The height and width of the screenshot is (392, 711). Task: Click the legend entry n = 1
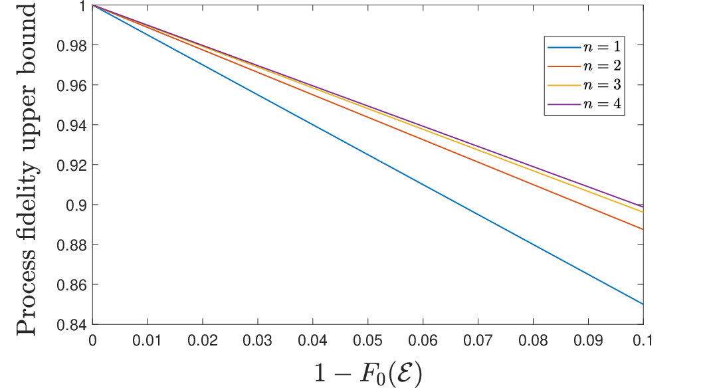click(584, 47)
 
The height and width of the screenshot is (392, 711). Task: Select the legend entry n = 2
click(584, 66)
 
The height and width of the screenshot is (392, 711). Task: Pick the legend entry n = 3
click(584, 85)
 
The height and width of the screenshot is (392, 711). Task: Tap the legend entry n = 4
click(584, 104)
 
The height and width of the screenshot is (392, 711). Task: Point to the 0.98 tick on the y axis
click(71, 45)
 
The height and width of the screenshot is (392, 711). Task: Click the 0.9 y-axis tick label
click(76, 205)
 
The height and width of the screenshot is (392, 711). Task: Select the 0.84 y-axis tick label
click(71, 324)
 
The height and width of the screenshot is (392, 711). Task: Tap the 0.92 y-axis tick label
click(71, 165)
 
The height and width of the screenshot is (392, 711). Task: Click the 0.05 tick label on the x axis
click(367, 340)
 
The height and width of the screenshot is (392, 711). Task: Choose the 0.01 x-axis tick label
click(148, 340)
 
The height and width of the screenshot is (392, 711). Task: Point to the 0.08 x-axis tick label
click(533, 340)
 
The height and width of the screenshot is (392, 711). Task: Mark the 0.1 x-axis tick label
click(643, 340)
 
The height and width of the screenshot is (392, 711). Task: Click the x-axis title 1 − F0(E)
click(368, 373)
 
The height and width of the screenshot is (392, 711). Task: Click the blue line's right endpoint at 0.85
click(643, 304)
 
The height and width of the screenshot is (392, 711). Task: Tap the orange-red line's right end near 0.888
click(643, 229)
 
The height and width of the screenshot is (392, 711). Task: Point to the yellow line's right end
click(643, 212)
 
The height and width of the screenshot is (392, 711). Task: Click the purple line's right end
click(643, 207)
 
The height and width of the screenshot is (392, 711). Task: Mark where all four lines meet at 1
click(92, 5)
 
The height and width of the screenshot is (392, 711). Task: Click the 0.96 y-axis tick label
click(71, 85)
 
